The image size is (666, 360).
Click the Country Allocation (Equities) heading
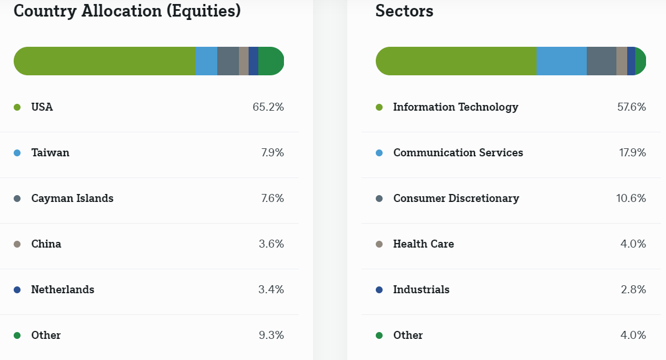pos(127,11)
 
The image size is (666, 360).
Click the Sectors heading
pos(404,11)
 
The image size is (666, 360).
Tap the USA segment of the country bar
pos(105,61)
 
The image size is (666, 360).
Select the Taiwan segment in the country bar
pos(206,61)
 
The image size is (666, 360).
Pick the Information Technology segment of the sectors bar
pos(456,61)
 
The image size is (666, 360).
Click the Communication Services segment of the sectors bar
pos(562,61)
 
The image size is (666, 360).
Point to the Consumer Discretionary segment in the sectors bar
pos(602,61)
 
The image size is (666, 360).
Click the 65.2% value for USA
pos(268,107)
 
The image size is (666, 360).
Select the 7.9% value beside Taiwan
pos(272,152)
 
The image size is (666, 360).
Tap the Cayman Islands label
pos(72,198)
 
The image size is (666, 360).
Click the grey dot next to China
pos(17,244)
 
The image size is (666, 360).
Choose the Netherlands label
pos(63,289)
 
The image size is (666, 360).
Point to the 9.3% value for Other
pos(271,335)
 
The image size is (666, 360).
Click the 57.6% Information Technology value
pos(631,107)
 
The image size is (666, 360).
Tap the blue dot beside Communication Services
pos(379,153)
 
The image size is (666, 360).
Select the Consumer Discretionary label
pos(456,198)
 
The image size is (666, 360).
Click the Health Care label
pos(424,244)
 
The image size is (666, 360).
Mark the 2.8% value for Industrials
pos(633,289)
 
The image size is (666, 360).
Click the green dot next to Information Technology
pos(379,107)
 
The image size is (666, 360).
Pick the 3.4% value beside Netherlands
pos(271,289)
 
